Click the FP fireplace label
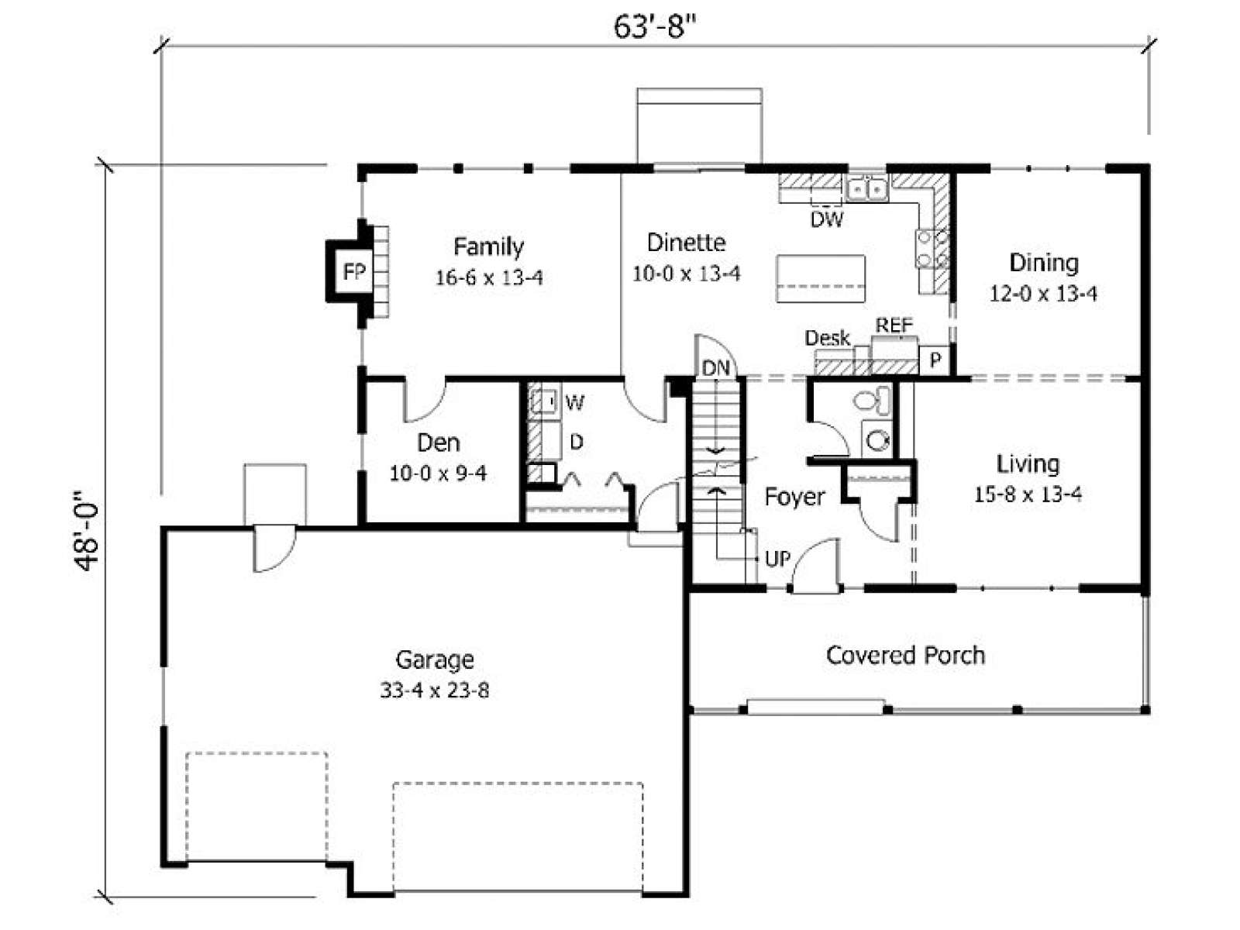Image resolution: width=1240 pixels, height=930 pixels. click(x=354, y=271)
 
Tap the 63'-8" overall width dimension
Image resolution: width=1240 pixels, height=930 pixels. click(x=655, y=26)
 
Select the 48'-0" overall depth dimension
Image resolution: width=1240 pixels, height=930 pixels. click(x=87, y=531)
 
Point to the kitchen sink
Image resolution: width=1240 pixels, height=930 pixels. click(x=867, y=188)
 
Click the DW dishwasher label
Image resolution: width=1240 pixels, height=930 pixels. click(x=826, y=219)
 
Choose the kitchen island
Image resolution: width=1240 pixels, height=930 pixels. click(x=821, y=278)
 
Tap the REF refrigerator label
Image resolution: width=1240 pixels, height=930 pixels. click(x=894, y=325)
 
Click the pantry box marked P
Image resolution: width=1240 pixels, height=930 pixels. click(x=935, y=359)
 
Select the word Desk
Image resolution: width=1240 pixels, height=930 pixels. click(x=827, y=338)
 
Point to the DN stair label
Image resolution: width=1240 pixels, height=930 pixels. click(x=716, y=368)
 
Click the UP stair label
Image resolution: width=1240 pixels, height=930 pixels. click(x=778, y=559)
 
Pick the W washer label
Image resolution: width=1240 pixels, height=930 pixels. click(x=574, y=402)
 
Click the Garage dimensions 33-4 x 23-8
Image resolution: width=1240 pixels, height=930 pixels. click(x=435, y=690)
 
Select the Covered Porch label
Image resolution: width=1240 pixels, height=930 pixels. click(x=905, y=655)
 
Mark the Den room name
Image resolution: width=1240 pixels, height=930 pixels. click(x=438, y=443)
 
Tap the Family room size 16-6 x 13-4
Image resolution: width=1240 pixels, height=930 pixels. click(x=489, y=277)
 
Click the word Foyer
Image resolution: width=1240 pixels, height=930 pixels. click(x=794, y=497)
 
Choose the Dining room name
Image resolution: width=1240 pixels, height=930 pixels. click(x=1043, y=263)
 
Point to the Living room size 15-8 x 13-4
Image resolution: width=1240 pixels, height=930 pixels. click(x=1028, y=494)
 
